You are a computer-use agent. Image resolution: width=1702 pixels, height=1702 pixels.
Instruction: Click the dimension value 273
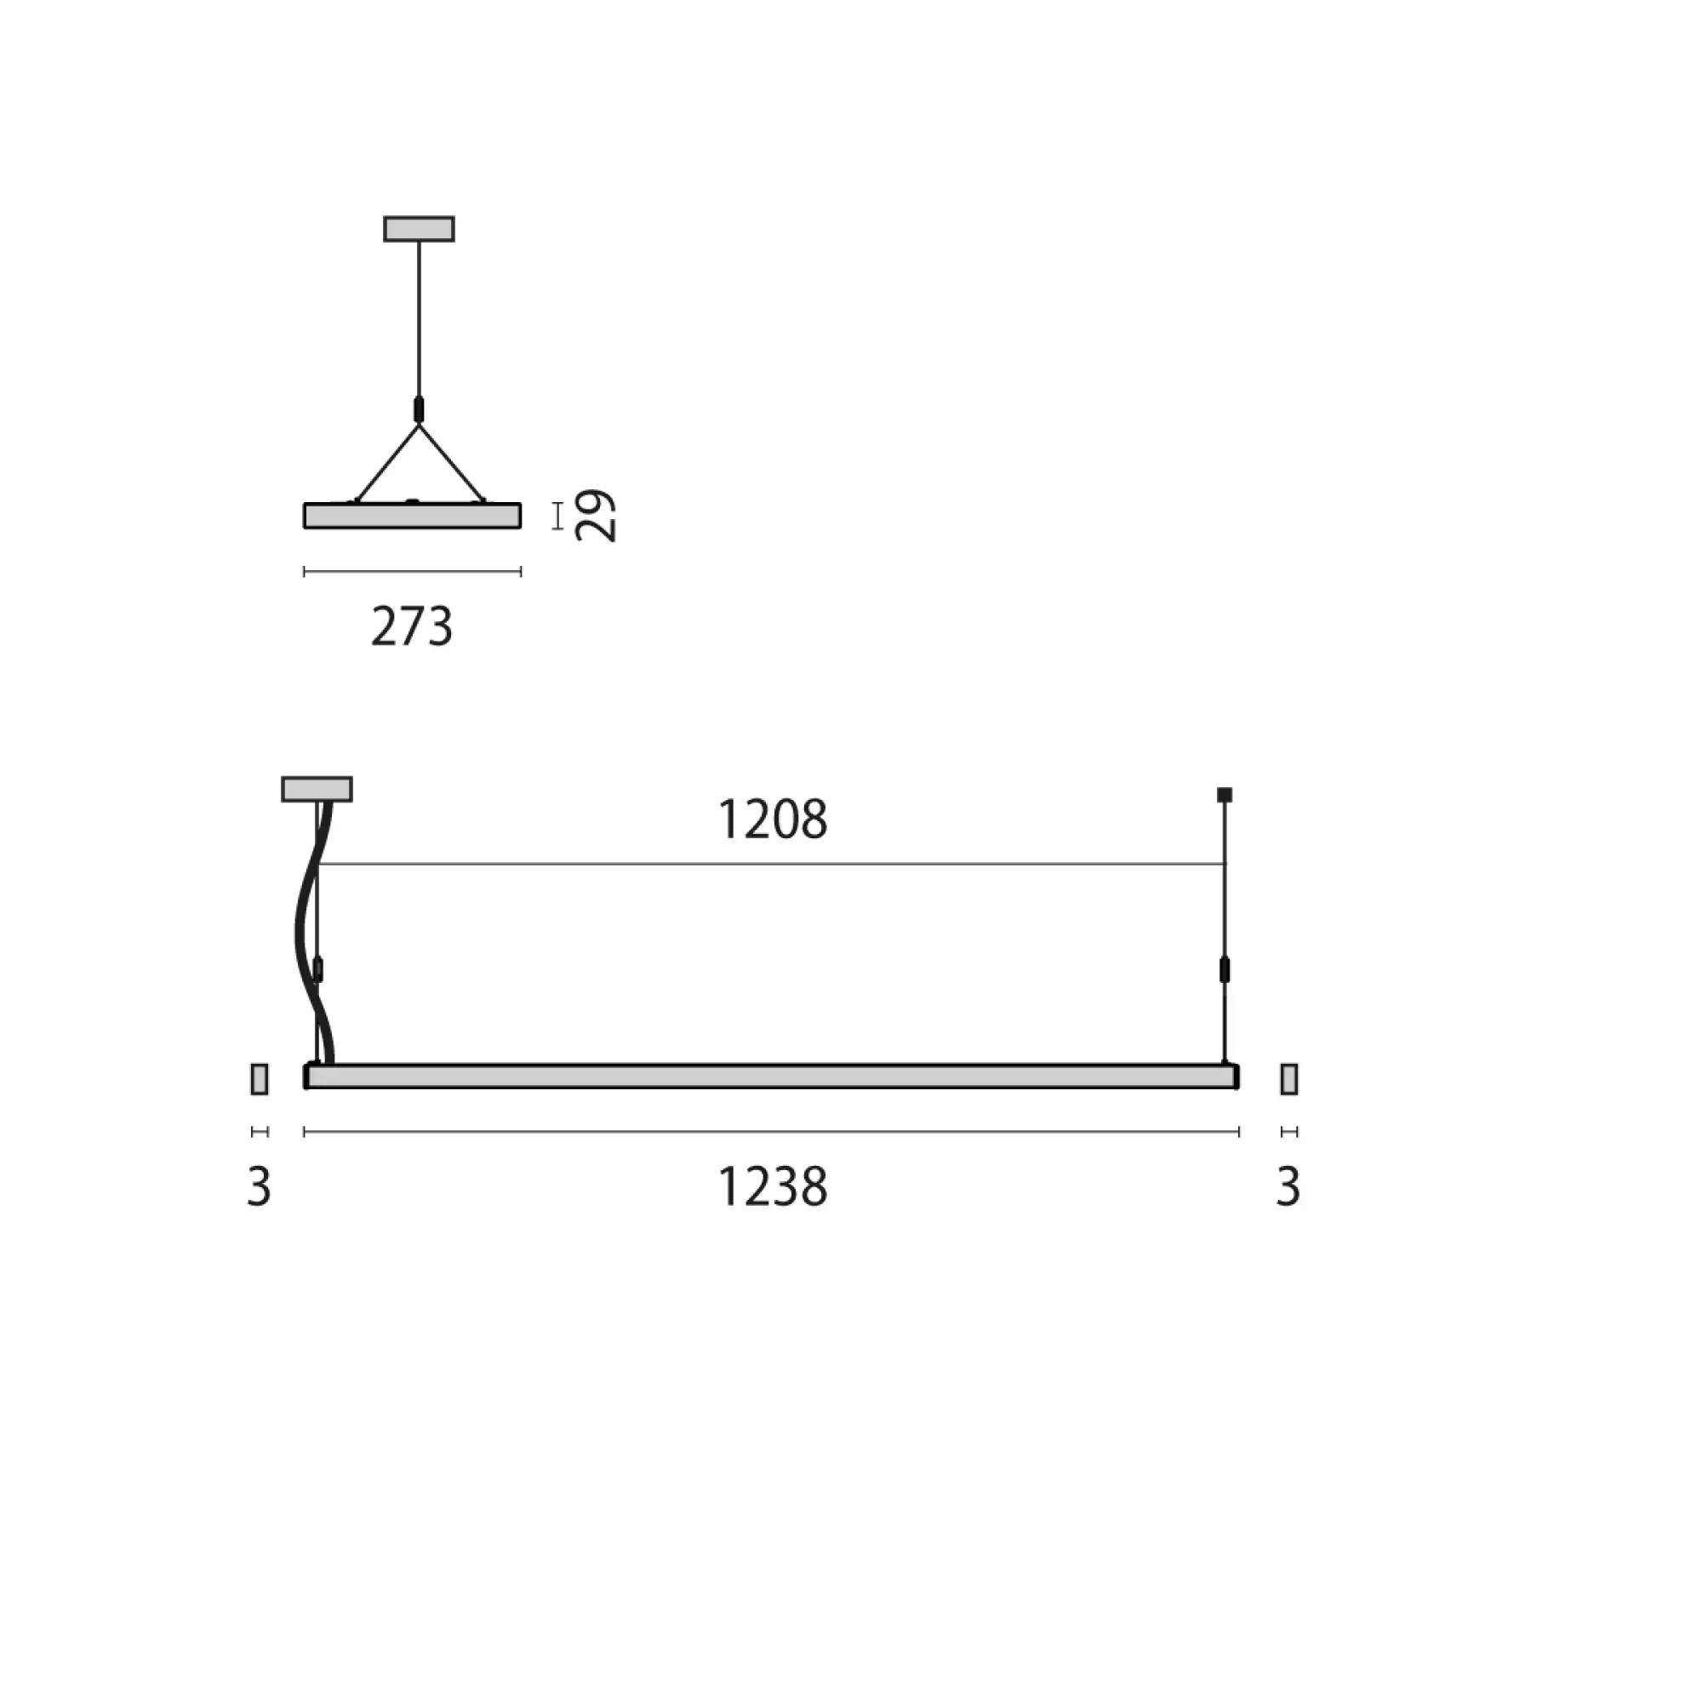coord(411,627)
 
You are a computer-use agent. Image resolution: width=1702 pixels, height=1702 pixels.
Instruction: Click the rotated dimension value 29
coord(596,516)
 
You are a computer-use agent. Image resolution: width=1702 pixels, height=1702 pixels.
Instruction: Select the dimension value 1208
coord(773,820)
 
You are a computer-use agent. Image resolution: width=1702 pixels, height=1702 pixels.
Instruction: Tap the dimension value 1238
coord(773,1186)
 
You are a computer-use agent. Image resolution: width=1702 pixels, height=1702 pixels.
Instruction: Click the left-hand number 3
coord(259,1186)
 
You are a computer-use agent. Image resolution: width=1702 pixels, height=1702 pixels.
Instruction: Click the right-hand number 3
coord(1288,1186)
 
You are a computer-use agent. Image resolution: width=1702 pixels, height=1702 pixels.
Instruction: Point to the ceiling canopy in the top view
coord(419,229)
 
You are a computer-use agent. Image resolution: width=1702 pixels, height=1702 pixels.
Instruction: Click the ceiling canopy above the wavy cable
coord(317,790)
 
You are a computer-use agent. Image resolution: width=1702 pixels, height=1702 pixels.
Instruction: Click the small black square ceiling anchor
coord(1224,795)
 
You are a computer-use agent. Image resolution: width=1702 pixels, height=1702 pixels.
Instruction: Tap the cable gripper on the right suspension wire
coord(1224,970)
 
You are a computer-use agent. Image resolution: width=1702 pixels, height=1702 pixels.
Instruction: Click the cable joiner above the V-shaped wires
coord(419,408)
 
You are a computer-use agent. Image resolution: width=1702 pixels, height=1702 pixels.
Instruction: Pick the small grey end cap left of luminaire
coord(259,1079)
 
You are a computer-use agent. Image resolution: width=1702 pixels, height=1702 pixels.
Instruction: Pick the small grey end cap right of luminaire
coord(1288,1079)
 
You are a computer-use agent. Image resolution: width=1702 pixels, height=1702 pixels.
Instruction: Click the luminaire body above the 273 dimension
coord(411,517)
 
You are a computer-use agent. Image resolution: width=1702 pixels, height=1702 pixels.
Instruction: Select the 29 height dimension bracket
coord(557,517)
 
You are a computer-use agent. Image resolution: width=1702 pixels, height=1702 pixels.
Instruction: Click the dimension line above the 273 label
coord(411,572)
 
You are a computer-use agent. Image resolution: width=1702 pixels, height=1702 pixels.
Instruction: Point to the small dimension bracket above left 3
coord(259,1132)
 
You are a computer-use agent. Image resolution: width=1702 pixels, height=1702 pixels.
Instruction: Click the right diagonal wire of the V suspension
coord(451,465)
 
